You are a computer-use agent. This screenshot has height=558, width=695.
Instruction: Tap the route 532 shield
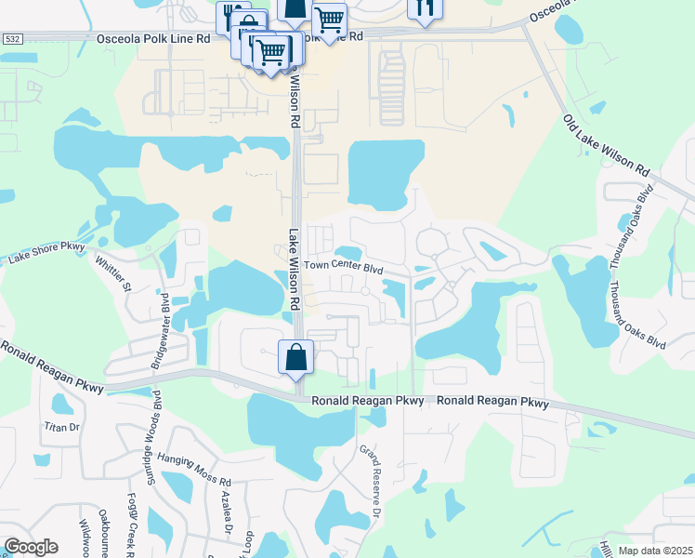(12, 39)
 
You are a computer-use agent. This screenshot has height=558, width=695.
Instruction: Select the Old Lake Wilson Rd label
(606, 148)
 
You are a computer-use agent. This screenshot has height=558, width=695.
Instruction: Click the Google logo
(31, 547)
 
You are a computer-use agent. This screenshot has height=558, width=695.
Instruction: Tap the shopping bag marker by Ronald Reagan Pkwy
(295, 358)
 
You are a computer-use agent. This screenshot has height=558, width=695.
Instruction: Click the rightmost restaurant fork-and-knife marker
(425, 7)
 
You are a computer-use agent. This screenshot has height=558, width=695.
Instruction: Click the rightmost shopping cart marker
(329, 19)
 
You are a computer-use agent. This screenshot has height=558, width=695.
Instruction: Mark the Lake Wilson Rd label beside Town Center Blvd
(294, 271)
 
